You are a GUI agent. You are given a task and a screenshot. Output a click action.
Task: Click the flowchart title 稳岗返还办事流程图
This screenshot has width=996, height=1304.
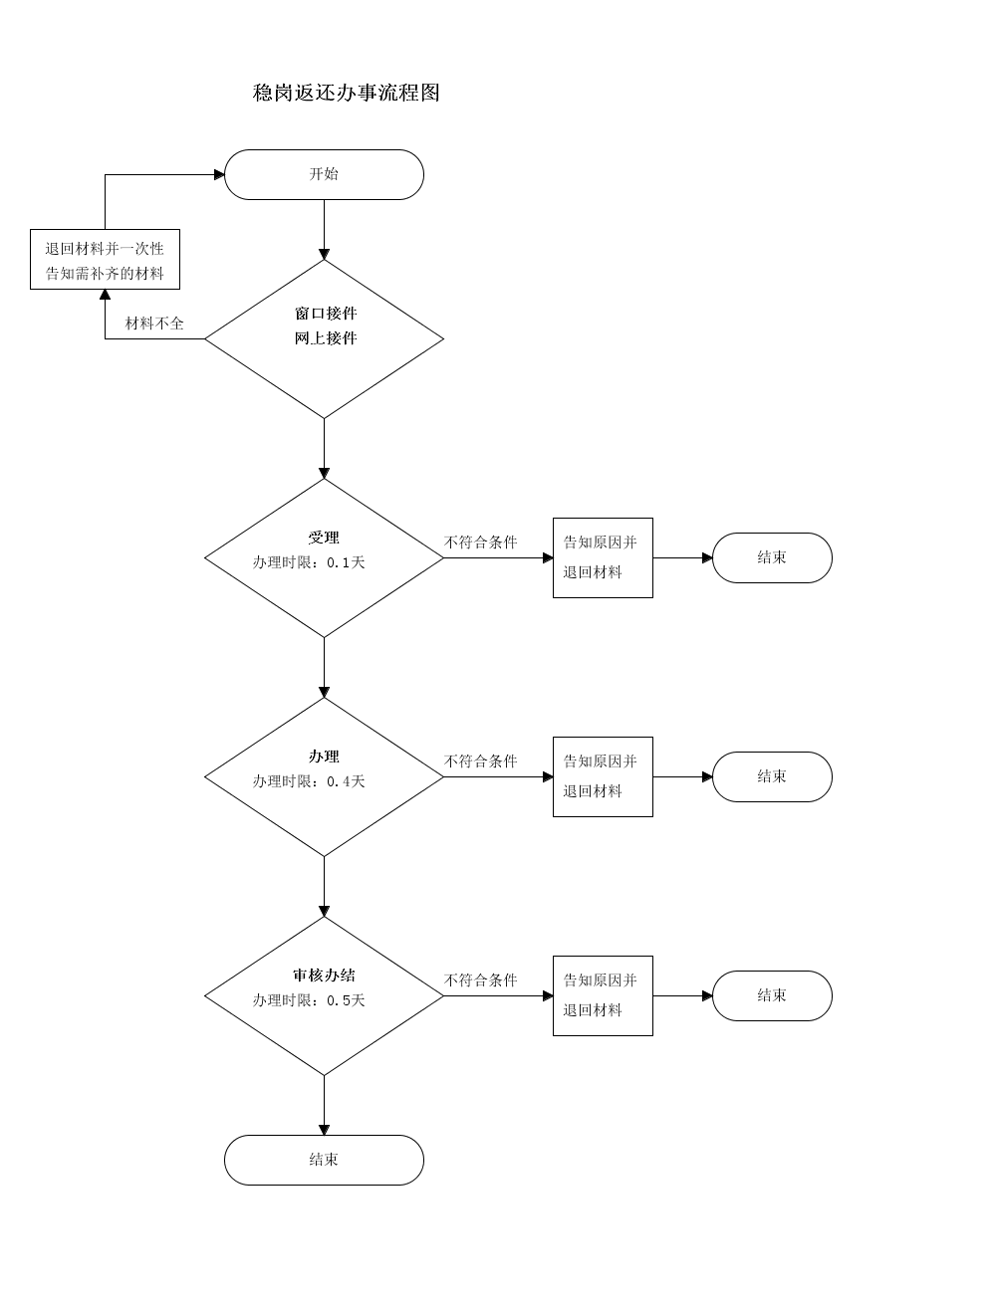346,93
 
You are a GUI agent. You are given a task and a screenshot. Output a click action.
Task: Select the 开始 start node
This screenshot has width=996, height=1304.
324,174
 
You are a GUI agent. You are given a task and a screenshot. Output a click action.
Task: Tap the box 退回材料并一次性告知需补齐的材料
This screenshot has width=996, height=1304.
106,260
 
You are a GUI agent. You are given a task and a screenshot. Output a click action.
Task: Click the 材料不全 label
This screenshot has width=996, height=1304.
154,324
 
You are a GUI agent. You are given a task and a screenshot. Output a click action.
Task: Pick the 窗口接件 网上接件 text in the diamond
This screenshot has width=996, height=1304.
326,326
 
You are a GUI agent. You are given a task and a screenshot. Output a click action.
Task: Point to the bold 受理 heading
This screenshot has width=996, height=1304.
324,538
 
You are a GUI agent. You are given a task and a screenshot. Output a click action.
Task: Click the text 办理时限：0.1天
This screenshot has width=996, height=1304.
309,562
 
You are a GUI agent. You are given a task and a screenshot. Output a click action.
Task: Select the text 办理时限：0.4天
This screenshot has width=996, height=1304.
309,781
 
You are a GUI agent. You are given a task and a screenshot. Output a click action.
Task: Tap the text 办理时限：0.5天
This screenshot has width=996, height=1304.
309,1000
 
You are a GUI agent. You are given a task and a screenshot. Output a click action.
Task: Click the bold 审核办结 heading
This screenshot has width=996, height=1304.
324,976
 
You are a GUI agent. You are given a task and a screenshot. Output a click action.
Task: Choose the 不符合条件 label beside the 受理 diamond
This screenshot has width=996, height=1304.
481,542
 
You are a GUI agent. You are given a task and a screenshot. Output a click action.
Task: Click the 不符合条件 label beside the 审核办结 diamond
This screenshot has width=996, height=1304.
481,980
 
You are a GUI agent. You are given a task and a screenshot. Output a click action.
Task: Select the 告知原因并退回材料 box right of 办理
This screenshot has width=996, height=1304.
604,777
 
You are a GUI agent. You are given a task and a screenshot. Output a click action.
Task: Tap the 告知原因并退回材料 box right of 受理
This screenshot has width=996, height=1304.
604,557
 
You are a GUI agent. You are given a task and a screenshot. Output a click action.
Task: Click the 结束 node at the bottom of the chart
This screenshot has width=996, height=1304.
324,1161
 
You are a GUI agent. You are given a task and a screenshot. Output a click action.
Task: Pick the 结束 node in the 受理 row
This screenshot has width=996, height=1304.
772,557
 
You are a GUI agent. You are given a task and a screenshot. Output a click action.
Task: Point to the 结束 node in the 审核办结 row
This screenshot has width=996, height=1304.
772,996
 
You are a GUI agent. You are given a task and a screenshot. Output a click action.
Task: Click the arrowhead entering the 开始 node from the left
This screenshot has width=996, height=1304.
219,174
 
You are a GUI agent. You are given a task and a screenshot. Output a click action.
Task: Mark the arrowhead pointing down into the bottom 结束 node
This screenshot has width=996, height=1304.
324,1130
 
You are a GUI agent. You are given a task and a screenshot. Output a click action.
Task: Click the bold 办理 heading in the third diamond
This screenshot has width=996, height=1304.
324,757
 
